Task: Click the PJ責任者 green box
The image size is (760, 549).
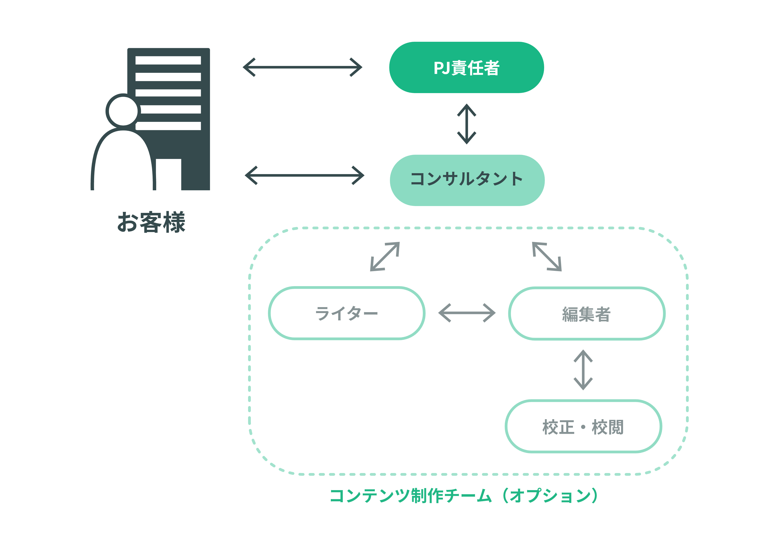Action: point(466,67)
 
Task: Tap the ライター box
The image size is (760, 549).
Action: point(347,313)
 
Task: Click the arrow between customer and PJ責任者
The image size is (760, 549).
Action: point(302,67)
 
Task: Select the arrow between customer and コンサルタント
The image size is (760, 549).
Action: point(304,175)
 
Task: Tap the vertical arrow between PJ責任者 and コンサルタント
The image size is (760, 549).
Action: point(466,124)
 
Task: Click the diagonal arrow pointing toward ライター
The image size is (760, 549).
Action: point(385,256)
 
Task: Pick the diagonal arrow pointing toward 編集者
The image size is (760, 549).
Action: point(547,256)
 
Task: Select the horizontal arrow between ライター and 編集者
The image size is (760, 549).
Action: point(467,313)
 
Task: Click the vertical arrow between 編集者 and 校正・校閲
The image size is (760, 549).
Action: point(583,370)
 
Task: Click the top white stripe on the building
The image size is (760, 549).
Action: point(168,60)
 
